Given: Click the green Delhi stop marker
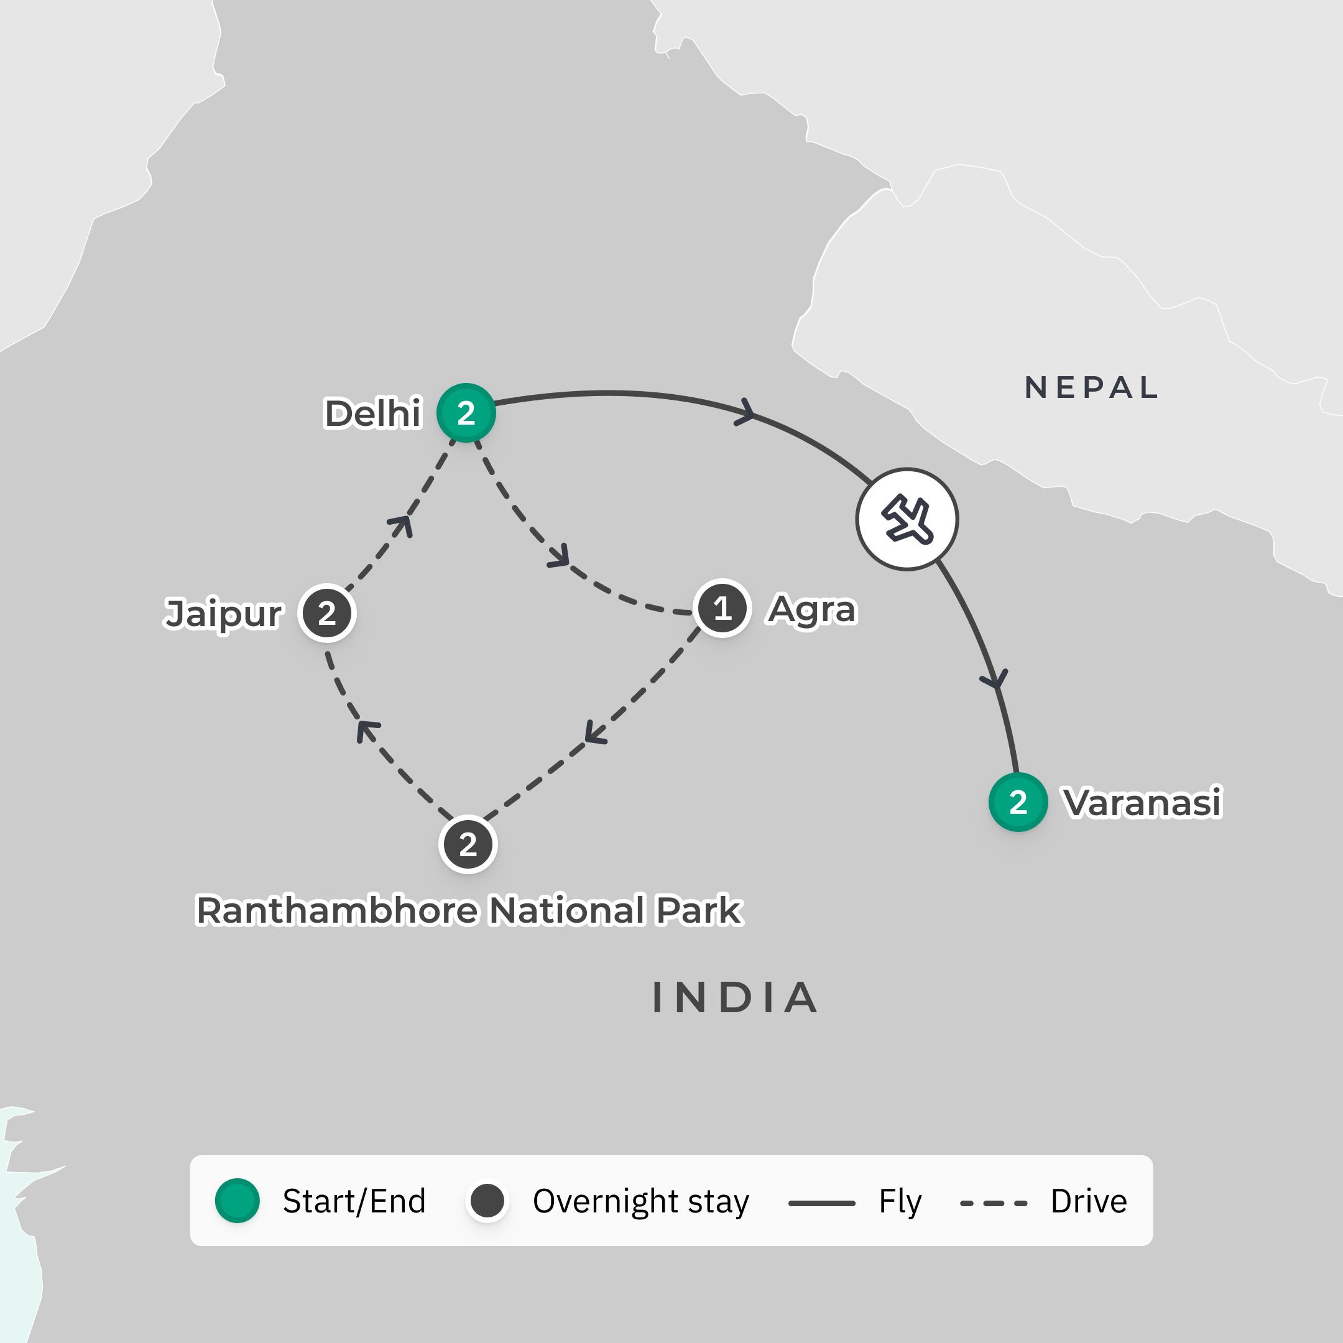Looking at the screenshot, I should tap(466, 413).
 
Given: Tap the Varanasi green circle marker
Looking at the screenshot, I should tap(1018, 802).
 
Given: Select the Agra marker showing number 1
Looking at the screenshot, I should tap(722, 608).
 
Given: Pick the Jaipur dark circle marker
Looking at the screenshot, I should tap(326, 613).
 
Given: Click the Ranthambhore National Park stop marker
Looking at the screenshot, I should tap(468, 844).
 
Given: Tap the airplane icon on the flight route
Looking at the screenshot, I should tap(907, 519).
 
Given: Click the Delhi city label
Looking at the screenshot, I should tap(373, 413).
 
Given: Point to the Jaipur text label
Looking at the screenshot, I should tap(223, 614).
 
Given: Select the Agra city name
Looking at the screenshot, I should tap(811, 609).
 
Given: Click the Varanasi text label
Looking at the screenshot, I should tap(1142, 802).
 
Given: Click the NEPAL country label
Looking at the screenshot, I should tap(1091, 387).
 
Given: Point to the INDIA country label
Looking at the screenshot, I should tap(735, 997).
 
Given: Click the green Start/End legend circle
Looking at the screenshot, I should tap(237, 1201).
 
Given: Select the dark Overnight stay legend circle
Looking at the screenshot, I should tap(487, 1201).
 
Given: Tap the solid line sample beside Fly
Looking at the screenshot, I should tap(821, 1202).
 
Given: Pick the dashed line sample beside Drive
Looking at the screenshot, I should tap(994, 1202).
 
